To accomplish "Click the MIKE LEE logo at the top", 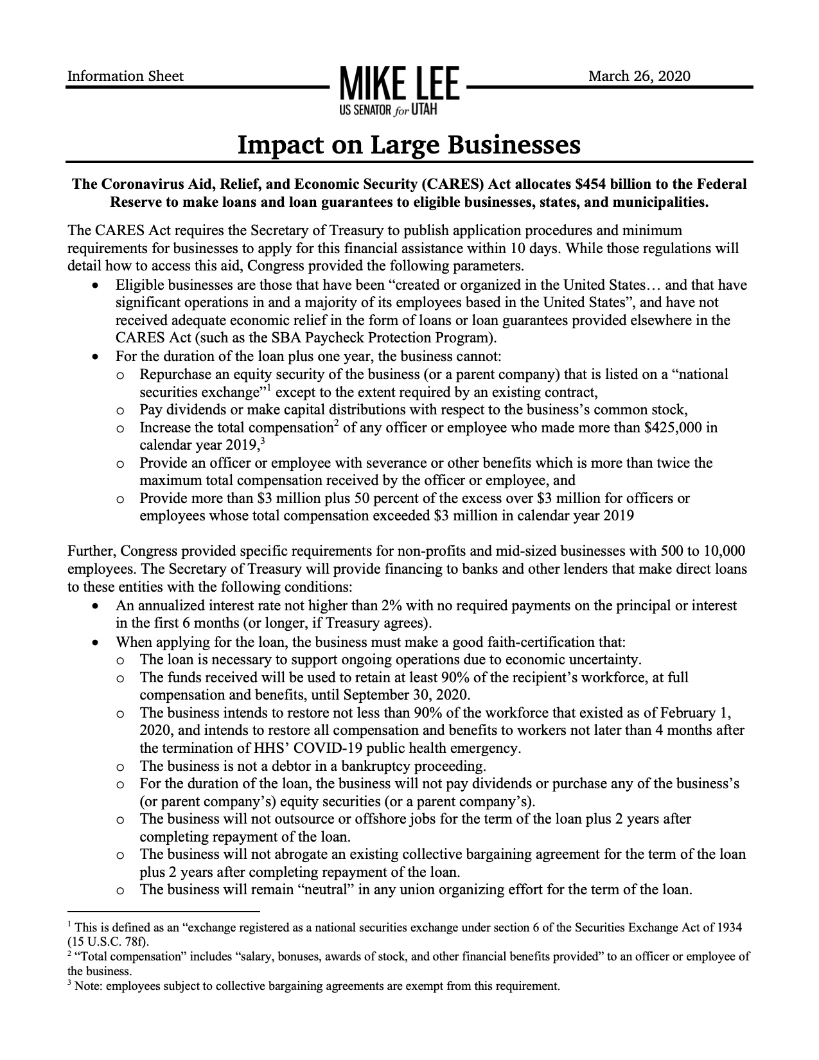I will (396, 84).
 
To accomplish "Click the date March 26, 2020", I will (639, 76).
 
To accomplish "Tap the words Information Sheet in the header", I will (125, 76).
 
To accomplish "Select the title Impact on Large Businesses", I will (409, 145).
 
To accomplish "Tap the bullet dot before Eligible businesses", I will (96, 285).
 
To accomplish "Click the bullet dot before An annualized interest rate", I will (96, 606).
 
